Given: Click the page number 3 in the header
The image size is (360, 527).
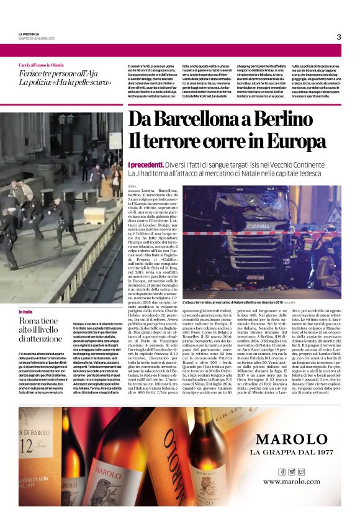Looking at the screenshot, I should [x=339, y=37].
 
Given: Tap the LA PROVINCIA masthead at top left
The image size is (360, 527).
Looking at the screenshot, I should [x=29, y=34].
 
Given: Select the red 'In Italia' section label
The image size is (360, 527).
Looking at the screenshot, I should [x=26, y=311].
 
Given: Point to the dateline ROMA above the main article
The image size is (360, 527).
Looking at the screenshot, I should [x=132, y=186].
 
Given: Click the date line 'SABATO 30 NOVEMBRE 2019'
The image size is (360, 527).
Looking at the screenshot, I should [x=36, y=38].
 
